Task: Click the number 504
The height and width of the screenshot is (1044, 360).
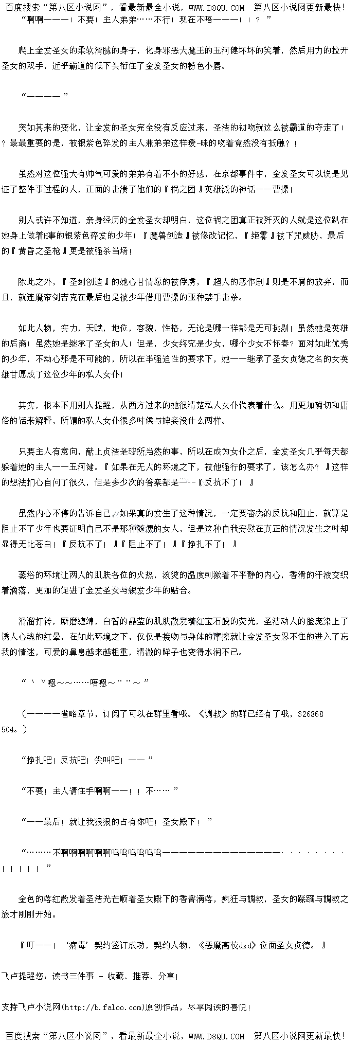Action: point(10,729)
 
